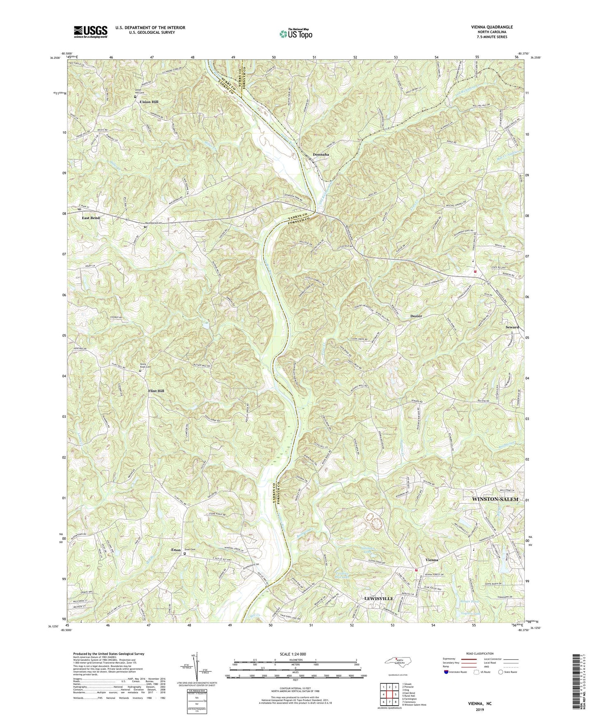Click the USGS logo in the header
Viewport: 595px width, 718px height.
click(x=90, y=32)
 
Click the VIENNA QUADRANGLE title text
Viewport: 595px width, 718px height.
click(x=489, y=27)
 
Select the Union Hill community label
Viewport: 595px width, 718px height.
click(x=149, y=102)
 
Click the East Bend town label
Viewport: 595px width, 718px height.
click(x=91, y=218)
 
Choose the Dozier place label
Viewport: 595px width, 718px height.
click(x=416, y=316)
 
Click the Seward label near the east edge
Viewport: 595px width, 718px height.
click(x=512, y=327)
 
